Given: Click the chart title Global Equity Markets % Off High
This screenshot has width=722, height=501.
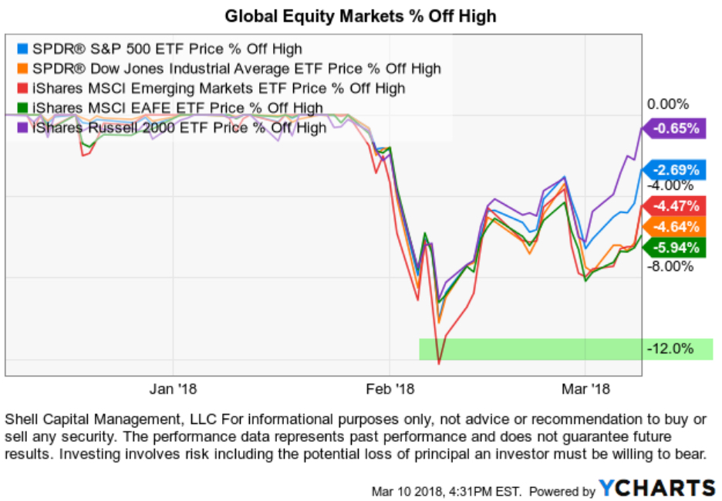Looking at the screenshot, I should tap(360, 15).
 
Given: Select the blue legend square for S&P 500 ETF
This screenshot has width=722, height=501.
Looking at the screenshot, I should tap(25, 49).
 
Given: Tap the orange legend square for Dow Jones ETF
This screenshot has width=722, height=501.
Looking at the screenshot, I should tap(25, 69).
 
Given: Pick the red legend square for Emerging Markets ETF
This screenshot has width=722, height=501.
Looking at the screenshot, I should tap(25, 89).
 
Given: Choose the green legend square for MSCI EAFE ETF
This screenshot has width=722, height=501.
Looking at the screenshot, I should tap(25, 108).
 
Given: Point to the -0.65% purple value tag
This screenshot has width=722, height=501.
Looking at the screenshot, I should tap(676, 129).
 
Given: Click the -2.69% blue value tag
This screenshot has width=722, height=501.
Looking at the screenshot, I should tap(676, 170).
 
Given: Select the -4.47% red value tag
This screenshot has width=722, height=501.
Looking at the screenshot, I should tap(676, 206).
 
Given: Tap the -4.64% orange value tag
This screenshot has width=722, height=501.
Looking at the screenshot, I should tap(676, 227).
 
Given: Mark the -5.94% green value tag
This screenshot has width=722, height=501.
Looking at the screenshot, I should tap(676, 248).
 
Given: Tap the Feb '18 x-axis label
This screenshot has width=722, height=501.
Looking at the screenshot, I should tap(390, 388).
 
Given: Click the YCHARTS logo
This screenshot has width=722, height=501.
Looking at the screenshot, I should tap(657, 488).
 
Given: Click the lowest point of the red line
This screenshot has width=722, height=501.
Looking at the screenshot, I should tap(439, 364).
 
